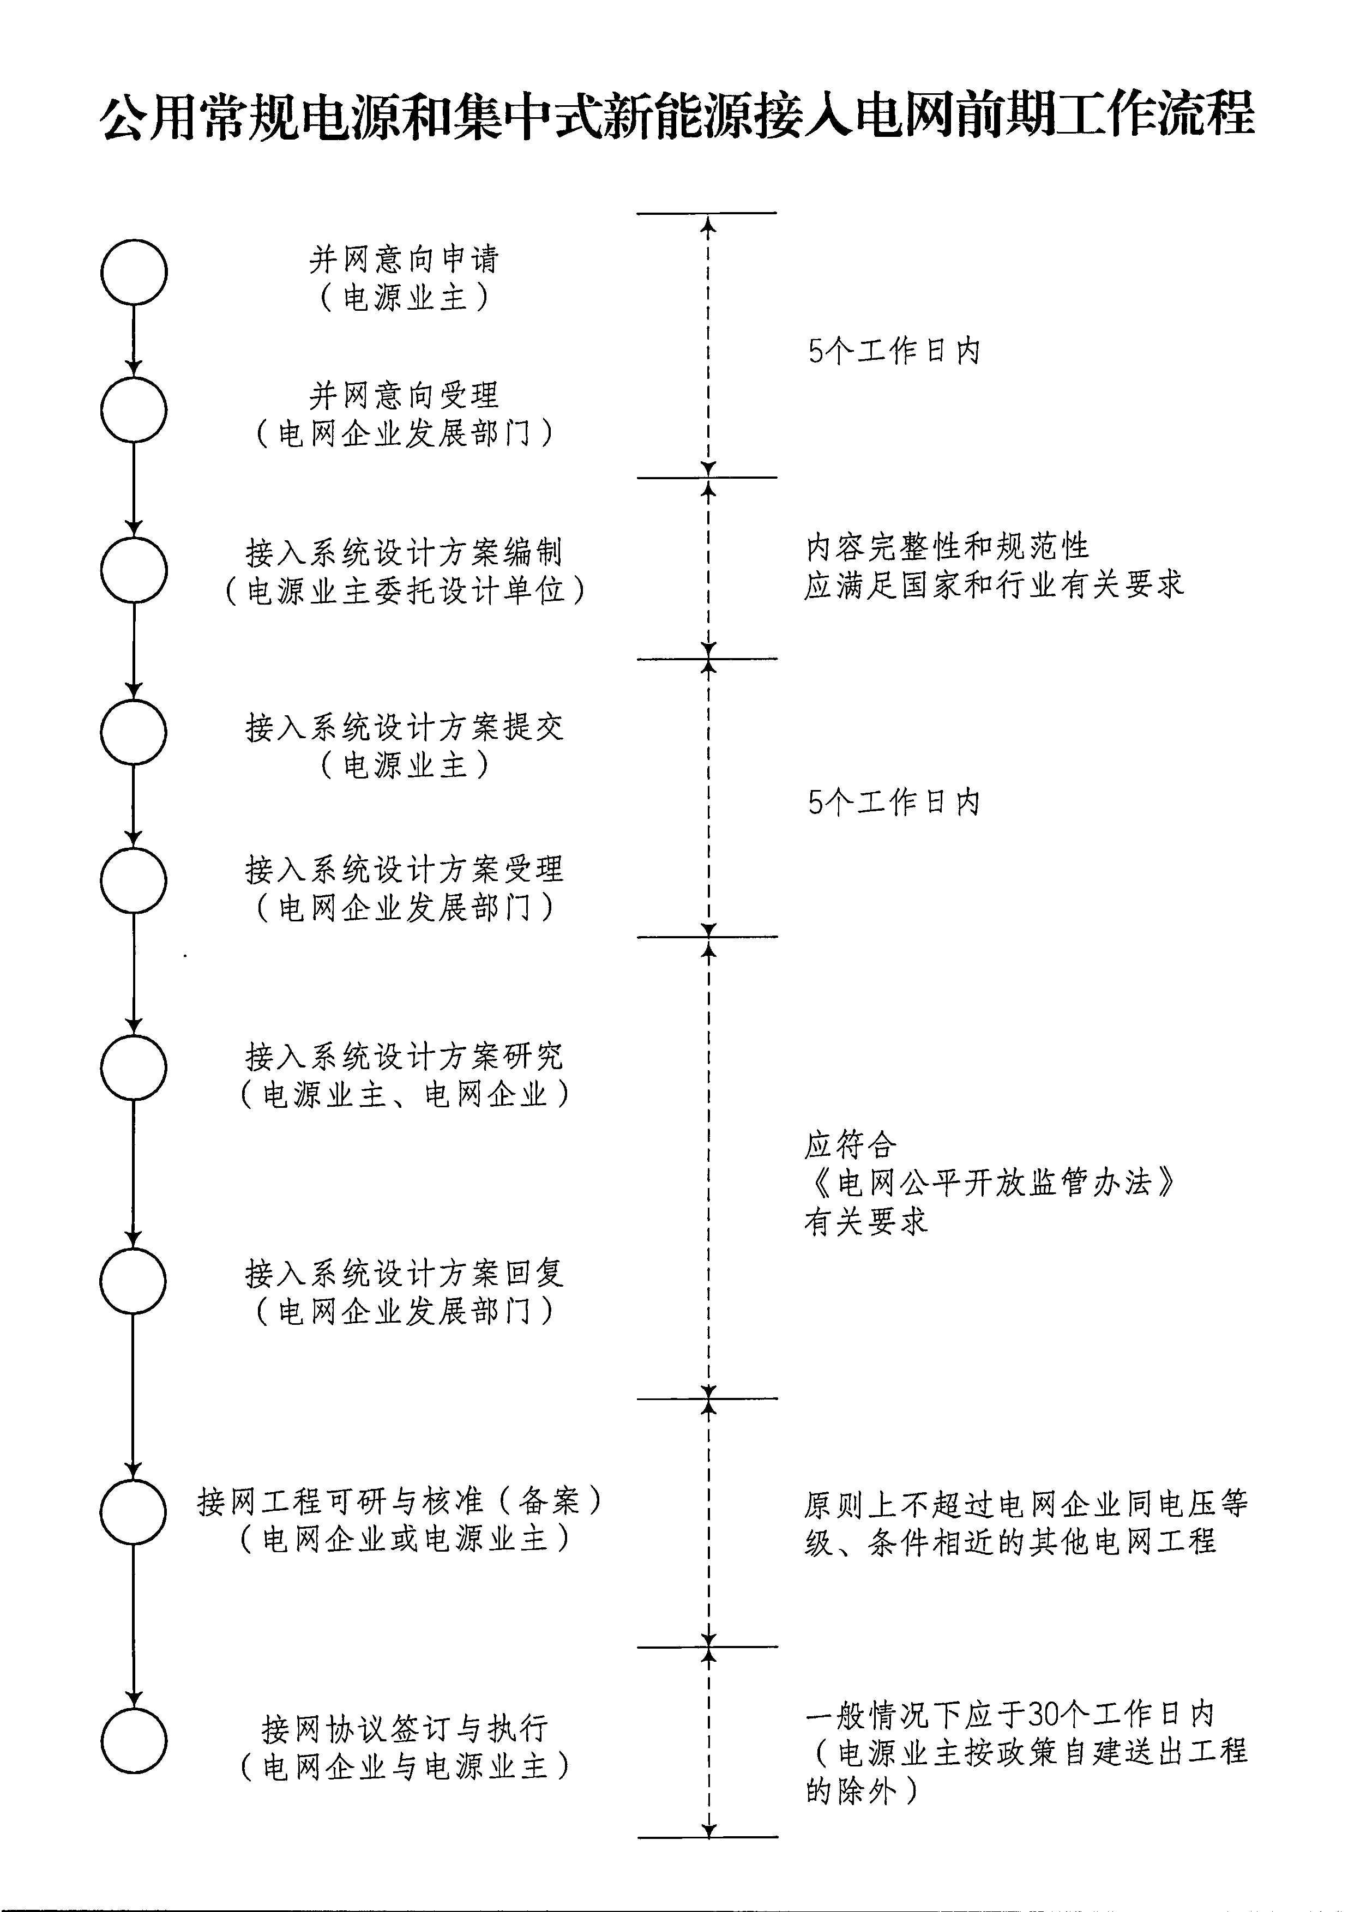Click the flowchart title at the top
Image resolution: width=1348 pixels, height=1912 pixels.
(x=677, y=115)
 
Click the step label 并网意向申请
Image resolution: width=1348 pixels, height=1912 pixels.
(x=404, y=260)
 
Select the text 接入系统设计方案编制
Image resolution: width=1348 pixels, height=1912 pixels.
(x=404, y=552)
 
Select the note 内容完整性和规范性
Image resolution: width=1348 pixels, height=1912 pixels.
(x=947, y=547)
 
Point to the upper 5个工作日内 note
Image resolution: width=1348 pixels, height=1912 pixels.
(x=894, y=352)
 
